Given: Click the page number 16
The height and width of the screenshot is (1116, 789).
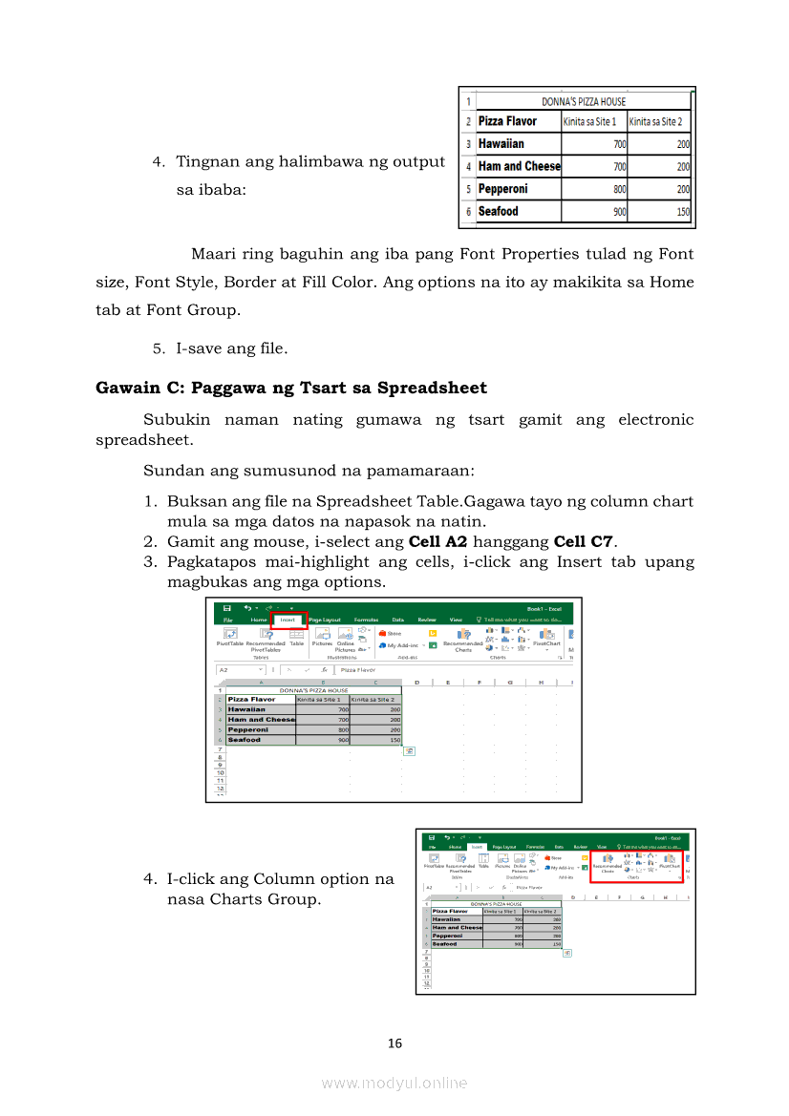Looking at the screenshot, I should (x=394, y=1043).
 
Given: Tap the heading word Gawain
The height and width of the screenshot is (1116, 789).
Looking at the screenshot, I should (x=127, y=388).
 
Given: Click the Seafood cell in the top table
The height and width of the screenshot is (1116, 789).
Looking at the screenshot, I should (x=498, y=212).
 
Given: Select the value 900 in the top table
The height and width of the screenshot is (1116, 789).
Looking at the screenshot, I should (x=619, y=212).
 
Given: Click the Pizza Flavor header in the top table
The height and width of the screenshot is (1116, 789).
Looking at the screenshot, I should (x=507, y=121).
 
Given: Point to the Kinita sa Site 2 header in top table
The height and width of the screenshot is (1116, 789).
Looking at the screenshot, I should (x=658, y=121).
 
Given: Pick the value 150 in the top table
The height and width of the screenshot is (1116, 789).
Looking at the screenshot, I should (x=682, y=212).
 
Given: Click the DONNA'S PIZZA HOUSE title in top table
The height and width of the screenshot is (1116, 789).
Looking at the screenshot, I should (x=584, y=101).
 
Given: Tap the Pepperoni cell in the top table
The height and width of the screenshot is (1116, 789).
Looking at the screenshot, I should (x=502, y=189).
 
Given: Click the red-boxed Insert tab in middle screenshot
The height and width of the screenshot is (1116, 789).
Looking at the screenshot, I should (x=288, y=620).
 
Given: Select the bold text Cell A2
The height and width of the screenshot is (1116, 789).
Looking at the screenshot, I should (x=437, y=541).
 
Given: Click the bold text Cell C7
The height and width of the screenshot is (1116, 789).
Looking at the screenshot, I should (x=583, y=541).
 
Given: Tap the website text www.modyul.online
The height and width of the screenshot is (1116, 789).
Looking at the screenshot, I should (x=394, y=1083).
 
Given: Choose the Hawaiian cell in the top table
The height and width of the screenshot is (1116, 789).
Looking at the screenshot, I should (x=501, y=144).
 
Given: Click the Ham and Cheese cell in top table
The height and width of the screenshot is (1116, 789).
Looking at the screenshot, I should (x=519, y=166).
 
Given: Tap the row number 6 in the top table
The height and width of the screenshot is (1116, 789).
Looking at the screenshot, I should (x=468, y=212).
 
